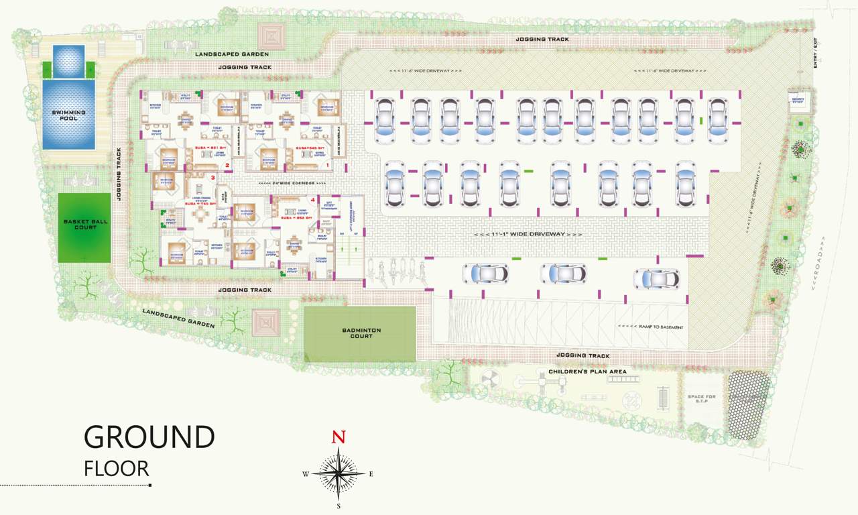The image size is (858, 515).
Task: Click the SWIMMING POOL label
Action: coord(68,115)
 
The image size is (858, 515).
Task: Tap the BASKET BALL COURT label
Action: coord(84,224)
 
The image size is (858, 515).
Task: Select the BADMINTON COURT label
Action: coord(361,333)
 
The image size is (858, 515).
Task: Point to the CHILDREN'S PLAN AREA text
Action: coord(588,371)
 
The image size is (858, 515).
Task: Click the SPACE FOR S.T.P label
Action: coord(701,399)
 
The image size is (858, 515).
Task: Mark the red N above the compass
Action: coord(339,438)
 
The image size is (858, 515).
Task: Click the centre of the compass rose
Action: coord(339,473)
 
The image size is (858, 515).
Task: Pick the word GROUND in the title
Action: coord(149,437)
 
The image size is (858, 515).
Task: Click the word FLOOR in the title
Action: coord(117,468)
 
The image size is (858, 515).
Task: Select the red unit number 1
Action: coord(328,164)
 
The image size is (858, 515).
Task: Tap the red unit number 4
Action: coord(313,199)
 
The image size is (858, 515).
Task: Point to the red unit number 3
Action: coord(213,178)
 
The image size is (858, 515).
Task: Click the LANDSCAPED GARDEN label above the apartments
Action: coord(232,54)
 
